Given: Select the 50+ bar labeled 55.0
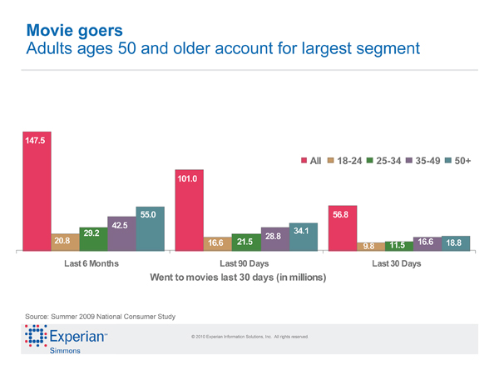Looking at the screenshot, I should [151, 228].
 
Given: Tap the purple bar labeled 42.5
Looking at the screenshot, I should [121, 233].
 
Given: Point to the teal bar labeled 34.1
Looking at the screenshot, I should [304, 237].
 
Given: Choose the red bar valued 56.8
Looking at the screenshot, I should [343, 227].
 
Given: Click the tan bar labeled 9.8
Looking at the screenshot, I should [372, 246].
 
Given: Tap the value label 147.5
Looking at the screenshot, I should [35, 140].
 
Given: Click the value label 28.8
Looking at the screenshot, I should [273, 237].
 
